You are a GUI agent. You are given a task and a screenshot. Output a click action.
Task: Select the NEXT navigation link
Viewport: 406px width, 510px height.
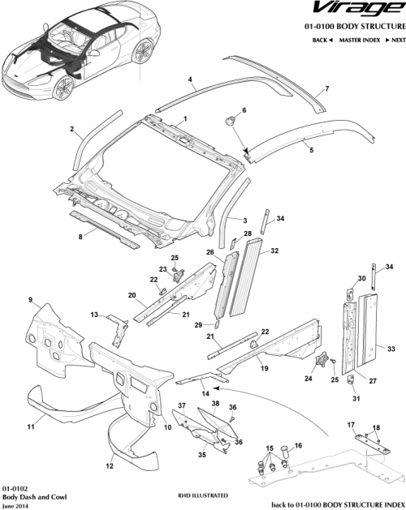pos(395,39)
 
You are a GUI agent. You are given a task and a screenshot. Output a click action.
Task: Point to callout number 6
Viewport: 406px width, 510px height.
pos(244,109)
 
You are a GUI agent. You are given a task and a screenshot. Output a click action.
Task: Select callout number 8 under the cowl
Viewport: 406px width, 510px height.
pos(80,237)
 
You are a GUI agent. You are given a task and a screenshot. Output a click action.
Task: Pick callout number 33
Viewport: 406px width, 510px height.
pos(391,349)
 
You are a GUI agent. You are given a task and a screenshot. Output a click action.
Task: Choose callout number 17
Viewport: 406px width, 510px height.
pos(351,424)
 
